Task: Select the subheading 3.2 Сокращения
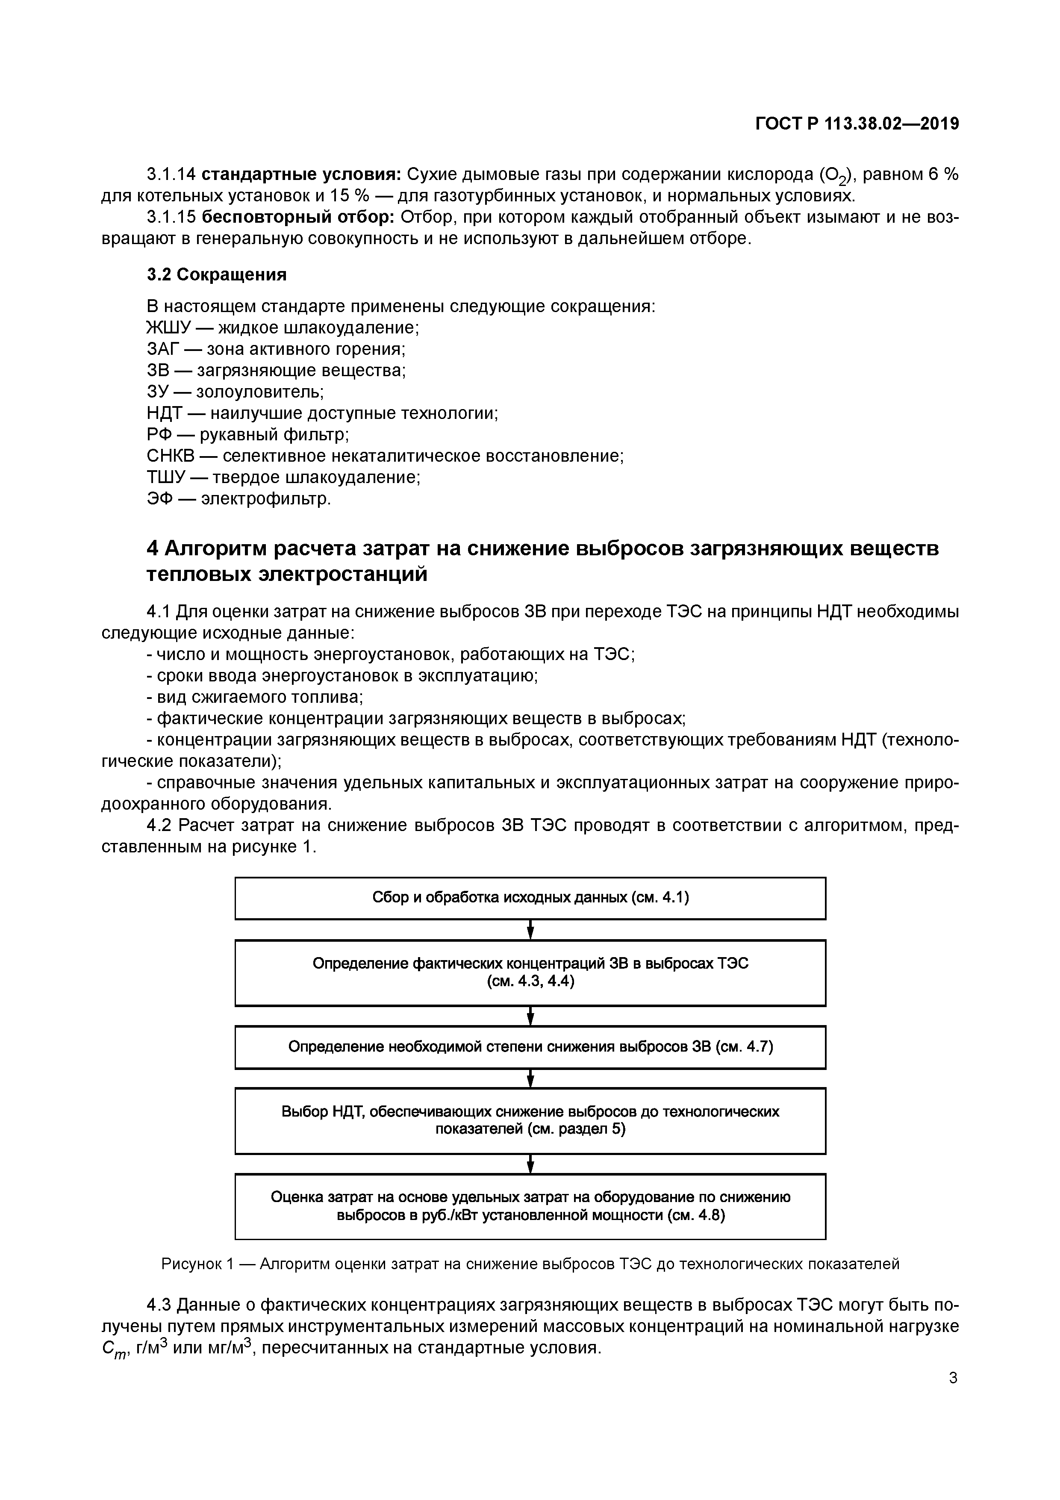(x=216, y=274)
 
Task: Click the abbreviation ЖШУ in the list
(x=167, y=327)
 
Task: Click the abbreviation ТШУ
(x=167, y=477)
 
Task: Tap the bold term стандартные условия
(x=301, y=174)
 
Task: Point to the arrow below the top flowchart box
(x=530, y=929)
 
